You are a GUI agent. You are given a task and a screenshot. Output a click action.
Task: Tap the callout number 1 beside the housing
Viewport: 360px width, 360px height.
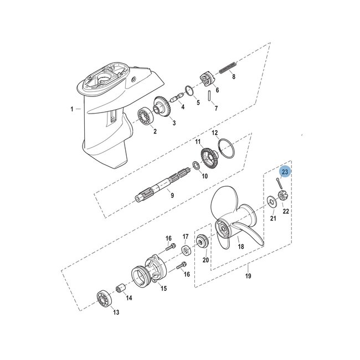[72, 109]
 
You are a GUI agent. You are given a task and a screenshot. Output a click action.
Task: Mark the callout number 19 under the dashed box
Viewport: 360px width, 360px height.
[248, 275]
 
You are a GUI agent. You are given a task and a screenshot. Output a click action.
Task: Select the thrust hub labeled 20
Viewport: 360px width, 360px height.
[203, 242]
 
